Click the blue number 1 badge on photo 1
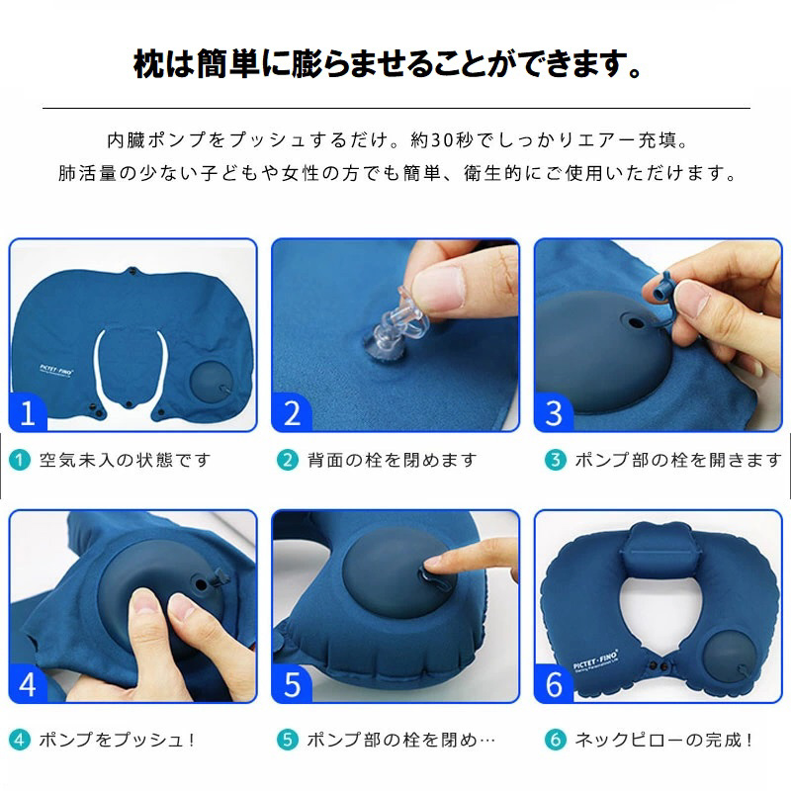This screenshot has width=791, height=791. [28, 412]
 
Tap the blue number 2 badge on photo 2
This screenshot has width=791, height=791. [291, 412]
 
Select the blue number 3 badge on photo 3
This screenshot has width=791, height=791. [554, 412]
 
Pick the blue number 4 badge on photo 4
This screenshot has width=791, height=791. [28, 684]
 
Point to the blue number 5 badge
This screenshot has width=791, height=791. [291, 684]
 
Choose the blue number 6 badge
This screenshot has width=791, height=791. [554, 684]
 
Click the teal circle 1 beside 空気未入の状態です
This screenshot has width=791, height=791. [20, 460]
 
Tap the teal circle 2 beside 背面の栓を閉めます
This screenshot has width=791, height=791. [288, 460]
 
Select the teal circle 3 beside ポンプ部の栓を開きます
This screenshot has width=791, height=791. [556, 460]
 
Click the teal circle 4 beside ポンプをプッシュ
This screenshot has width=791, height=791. [20, 740]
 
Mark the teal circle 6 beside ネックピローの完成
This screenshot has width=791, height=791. [556, 740]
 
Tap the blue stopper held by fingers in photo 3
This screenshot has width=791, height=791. [659, 288]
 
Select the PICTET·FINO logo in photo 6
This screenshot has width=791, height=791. [596, 661]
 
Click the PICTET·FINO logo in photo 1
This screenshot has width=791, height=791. [56, 370]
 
